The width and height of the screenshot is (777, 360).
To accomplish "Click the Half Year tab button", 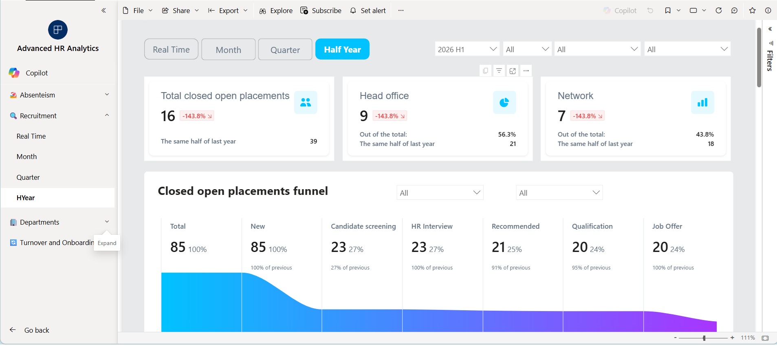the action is pos(342,49).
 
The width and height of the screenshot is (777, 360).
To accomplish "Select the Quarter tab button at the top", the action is pos(285,49).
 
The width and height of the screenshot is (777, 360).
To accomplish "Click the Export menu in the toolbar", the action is pos(228,11).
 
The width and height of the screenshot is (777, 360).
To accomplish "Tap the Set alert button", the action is pos(368,11).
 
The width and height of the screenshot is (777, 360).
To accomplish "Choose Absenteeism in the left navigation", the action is pos(37,95).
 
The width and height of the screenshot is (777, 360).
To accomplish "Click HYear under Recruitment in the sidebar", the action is pos(26,198).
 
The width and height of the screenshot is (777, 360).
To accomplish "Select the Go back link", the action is pos(37,330).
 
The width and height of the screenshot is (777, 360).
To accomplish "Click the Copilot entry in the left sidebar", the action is pos(37,73).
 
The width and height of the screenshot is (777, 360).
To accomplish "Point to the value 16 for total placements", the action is pos(168,116).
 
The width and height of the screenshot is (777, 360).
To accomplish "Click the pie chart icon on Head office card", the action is pos(504,102).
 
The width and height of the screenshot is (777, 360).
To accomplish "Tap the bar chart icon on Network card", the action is pos(702,102).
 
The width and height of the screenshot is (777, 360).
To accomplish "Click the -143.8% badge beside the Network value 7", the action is pos(587,116).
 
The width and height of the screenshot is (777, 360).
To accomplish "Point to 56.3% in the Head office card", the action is pos(507,135).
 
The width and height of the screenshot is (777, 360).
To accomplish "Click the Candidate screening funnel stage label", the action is pos(363,226).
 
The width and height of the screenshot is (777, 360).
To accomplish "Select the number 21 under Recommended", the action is pos(498,247).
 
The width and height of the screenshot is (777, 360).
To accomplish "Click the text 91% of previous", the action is pos(511,268).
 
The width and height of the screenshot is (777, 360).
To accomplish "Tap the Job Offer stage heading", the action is pos(667,226).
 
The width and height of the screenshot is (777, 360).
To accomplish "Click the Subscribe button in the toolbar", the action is pos(321,11).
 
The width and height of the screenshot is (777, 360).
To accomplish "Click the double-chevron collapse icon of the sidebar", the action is pos(103,11).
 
